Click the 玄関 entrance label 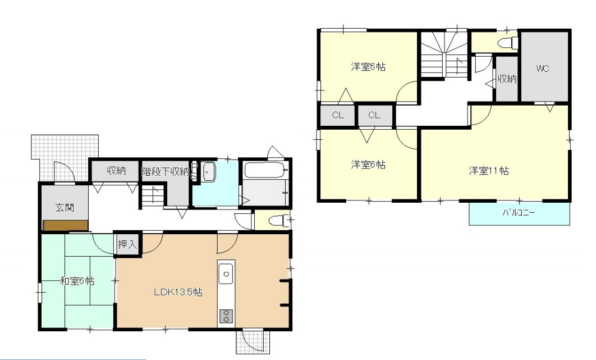point(65,208)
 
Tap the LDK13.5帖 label point(178,292)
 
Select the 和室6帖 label point(77,281)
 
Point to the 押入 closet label point(127,244)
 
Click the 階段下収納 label point(166,172)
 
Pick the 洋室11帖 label point(489,171)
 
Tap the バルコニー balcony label point(519,213)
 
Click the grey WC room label point(543,69)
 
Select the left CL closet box point(337,115)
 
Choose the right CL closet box point(375,115)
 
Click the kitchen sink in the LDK point(226,274)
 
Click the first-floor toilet point(277,220)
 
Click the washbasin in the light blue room point(208,172)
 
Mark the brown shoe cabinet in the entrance point(66,225)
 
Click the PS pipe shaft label point(194,172)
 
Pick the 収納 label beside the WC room point(507,79)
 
